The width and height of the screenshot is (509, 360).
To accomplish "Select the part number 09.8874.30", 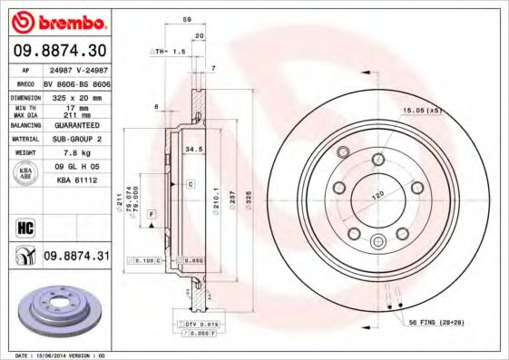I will [59, 49].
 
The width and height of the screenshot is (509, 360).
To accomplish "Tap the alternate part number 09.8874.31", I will [77, 257].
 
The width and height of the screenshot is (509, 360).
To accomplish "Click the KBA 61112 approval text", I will [76, 180].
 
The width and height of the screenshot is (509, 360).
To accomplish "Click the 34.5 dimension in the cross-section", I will [192, 147].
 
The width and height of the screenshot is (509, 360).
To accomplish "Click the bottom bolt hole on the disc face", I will [378, 240].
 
